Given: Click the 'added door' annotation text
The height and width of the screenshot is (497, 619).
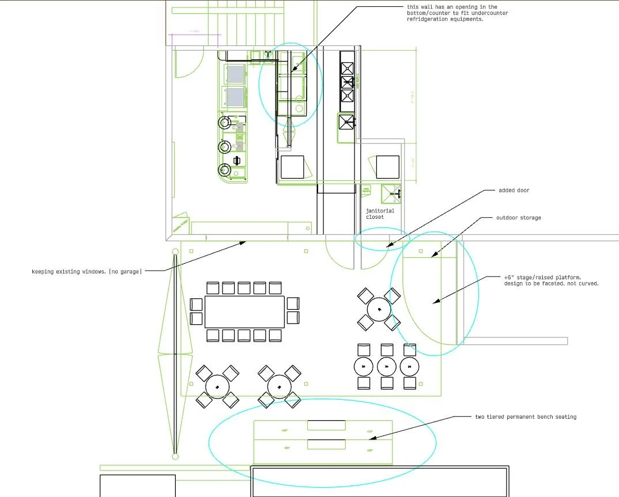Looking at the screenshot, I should click(514, 191).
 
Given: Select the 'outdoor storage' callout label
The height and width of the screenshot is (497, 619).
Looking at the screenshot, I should click(518, 218).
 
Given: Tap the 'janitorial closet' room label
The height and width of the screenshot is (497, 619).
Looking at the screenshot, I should click(380, 214).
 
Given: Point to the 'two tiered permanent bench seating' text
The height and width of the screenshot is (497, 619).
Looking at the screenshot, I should click(525, 417).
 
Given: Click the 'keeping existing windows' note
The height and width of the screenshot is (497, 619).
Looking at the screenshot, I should click(86, 271).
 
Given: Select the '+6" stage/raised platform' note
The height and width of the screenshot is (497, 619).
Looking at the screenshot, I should click(551, 280).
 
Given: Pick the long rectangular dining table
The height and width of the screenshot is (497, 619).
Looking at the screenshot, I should click(245, 312).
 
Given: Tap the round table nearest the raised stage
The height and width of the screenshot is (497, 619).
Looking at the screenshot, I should click(379, 310).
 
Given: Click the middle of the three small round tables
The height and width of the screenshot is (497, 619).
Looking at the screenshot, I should click(387, 366).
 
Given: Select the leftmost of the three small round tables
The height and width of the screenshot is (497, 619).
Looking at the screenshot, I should click(363, 366).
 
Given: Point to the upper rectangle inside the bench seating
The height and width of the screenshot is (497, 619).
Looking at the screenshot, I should click(326, 426).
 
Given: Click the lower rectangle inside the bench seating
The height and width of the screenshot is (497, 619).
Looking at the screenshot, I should click(326, 444).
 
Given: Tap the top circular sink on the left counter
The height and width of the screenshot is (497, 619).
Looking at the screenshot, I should click(224, 122).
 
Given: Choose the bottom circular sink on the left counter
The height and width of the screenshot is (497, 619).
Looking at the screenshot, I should click(224, 170).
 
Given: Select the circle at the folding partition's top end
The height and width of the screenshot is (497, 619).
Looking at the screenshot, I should click(175, 251).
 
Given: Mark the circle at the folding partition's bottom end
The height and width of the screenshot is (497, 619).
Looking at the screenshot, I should click(175, 456).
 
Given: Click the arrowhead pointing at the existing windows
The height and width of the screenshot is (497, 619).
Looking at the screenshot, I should click(246, 242).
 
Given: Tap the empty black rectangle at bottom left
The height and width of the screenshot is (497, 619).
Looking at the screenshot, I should click(138, 485).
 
